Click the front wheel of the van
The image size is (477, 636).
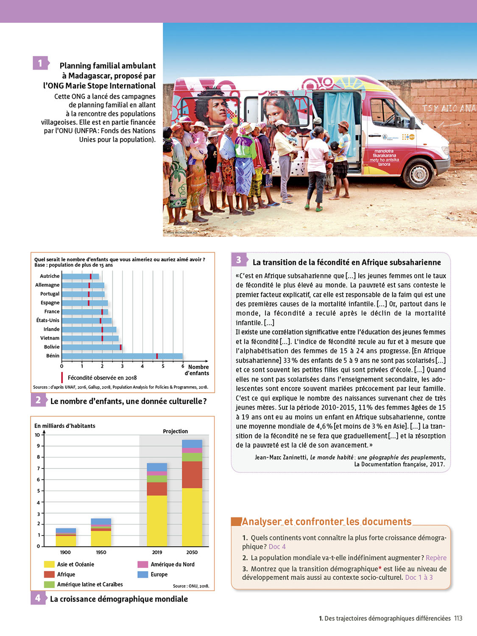pyautogui.click(x=417, y=173)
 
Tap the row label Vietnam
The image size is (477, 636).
pyautogui.click(x=50, y=338)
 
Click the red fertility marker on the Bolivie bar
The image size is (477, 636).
pyautogui.click(x=121, y=347)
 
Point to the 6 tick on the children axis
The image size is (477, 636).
pyautogui.click(x=183, y=366)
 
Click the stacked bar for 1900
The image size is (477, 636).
pyautogui.click(x=66, y=537)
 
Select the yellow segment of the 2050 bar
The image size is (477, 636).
pyautogui.click(x=192, y=517)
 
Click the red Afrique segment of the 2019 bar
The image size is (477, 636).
pyautogui.click(x=157, y=489)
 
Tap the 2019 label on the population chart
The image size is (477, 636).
pyautogui.click(x=157, y=552)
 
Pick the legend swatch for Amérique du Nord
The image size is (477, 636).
pyautogui.click(x=142, y=564)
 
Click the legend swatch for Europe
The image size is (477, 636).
pyautogui.click(x=142, y=575)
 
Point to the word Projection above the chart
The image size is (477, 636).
pyautogui.click(x=175, y=431)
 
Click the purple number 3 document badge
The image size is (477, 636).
pyautogui.click(x=238, y=260)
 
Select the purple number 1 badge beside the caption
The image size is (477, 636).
pyautogui.click(x=40, y=63)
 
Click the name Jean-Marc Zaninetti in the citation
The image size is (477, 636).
pyautogui.click(x=281, y=457)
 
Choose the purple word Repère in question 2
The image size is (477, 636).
pyautogui.click(x=436, y=558)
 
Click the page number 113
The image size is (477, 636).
pyautogui.click(x=458, y=619)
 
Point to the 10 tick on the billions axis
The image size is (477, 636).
pyautogui.click(x=37, y=435)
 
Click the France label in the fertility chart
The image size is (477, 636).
pyautogui.click(x=52, y=312)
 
